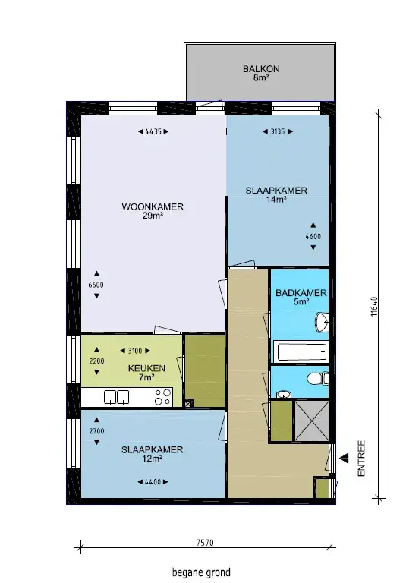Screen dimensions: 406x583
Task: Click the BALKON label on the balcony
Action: click(x=261, y=69)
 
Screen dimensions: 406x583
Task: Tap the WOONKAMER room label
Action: click(x=153, y=206)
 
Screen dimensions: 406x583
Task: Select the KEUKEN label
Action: click(x=146, y=368)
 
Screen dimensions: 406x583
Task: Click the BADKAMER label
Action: click(x=301, y=293)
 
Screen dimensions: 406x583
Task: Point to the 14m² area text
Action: click(x=276, y=200)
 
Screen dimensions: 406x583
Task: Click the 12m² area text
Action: click(x=152, y=459)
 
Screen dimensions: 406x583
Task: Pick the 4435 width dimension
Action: click(x=153, y=131)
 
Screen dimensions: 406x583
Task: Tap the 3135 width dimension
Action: click(x=277, y=131)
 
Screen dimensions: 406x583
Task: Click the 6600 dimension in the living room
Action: click(x=96, y=285)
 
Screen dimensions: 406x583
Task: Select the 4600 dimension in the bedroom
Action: click(x=313, y=236)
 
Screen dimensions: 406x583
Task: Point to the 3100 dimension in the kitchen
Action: click(x=135, y=351)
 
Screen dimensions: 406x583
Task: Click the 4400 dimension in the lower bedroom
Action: click(x=153, y=482)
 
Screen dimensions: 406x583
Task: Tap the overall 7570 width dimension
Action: click(x=205, y=543)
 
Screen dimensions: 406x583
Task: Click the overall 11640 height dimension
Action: click(x=374, y=307)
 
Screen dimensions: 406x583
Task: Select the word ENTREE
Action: click(x=361, y=459)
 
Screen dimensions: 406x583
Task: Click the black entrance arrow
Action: click(x=345, y=459)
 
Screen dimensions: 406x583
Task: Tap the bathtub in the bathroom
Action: click(x=301, y=351)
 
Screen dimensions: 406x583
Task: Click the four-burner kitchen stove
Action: click(x=163, y=397)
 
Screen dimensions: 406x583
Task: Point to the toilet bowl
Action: click(x=314, y=379)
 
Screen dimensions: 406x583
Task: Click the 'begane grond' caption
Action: click(x=201, y=572)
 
